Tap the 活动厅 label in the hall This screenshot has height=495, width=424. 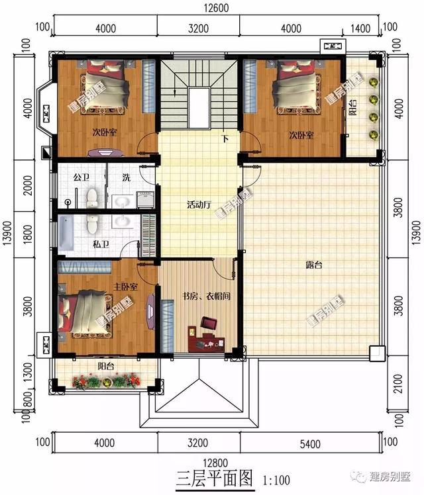[x=199, y=205]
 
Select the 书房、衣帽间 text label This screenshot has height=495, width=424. [x=206, y=296]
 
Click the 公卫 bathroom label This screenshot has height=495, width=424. [x=81, y=177]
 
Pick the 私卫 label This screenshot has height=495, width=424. [x=100, y=244]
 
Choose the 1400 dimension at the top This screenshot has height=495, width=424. [x=360, y=27]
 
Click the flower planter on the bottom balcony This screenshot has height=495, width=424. [x=105, y=381]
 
